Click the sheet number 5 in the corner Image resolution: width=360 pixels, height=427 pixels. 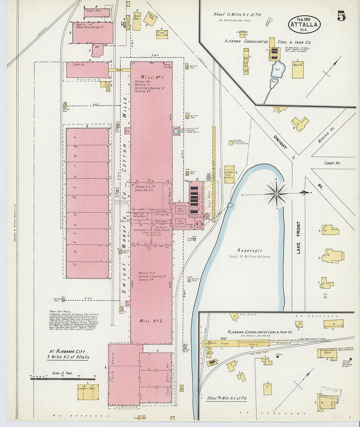coord(341,16)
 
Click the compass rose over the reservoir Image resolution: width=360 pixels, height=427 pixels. coord(277,194)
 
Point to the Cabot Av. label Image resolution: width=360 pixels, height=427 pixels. coord(332,163)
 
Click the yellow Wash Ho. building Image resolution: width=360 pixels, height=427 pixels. coord(297,69)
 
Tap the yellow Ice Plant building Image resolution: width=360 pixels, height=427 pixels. coord(229,174)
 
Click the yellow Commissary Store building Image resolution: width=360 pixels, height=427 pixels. coord(327,353)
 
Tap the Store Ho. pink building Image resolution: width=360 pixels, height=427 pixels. coord(87,70)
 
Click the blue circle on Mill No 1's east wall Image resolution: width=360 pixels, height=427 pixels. coord(176,131)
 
